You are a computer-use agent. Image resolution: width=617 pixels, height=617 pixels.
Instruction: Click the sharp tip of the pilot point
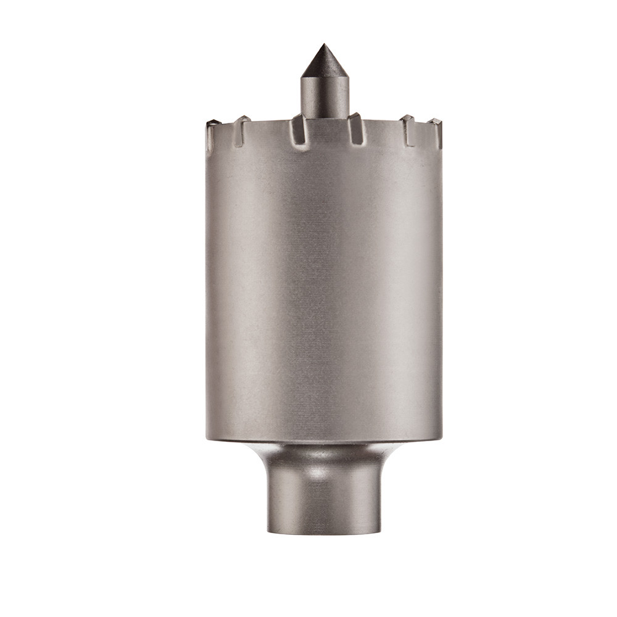[x=322, y=45]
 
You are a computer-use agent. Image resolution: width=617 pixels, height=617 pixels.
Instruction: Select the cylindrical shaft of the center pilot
[x=324, y=96]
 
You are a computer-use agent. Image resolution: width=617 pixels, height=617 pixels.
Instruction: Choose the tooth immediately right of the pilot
[x=355, y=126]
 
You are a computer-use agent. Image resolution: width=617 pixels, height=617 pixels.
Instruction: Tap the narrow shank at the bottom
[x=323, y=500]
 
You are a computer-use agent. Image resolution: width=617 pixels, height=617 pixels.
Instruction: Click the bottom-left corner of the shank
[x=268, y=532]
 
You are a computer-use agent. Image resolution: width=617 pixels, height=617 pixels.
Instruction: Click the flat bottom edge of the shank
[x=323, y=534]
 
